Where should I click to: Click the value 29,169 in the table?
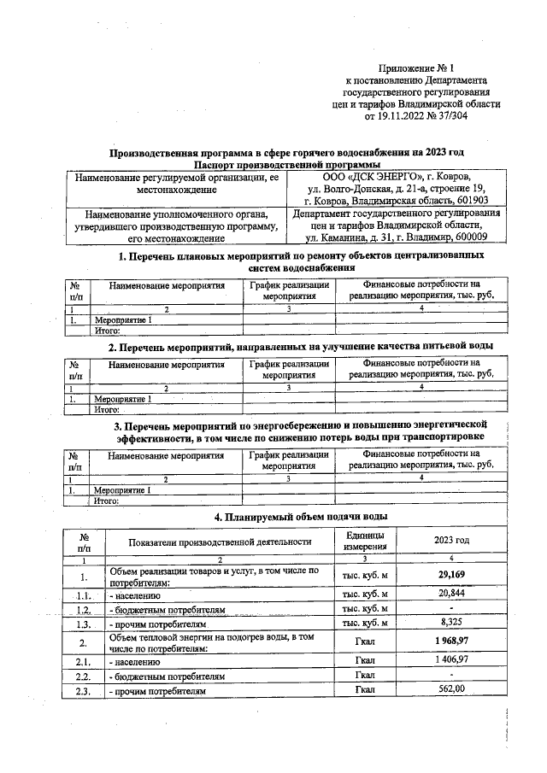(454, 575)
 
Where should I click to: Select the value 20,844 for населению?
(454, 593)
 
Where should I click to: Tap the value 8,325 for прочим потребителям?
(454, 624)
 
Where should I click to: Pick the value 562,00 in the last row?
(454, 689)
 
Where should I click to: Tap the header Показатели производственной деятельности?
(220, 542)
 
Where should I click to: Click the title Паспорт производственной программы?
(286, 164)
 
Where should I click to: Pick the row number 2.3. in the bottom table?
(83, 690)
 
